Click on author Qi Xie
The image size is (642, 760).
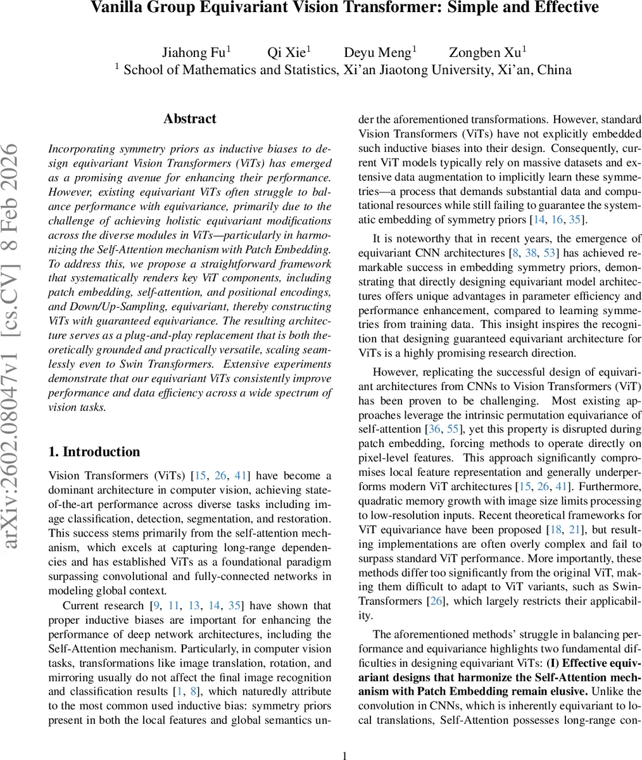[x=287, y=53]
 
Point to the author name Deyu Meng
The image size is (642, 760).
[x=378, y=53]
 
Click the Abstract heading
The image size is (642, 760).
[x=189, y=119]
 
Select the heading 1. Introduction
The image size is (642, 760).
[x=94, y=452]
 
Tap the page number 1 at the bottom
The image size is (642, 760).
[x=344, y=755]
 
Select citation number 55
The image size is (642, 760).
[x=453, y=429]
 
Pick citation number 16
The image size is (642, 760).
[x=557, y=220]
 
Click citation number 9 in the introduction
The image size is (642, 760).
[x=156, y=606]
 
